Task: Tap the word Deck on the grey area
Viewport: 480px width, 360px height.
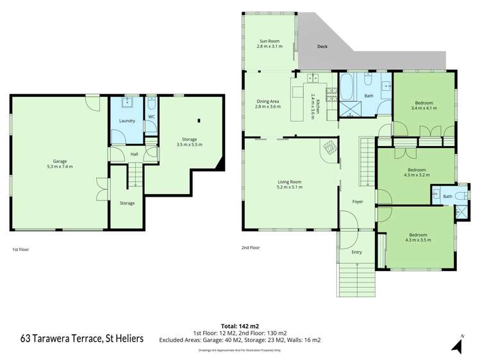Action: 324,47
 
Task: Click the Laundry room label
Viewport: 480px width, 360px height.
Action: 126,120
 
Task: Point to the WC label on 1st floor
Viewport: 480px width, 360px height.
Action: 151,117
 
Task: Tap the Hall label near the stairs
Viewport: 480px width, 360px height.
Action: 134,154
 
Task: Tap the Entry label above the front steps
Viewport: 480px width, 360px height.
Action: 357,252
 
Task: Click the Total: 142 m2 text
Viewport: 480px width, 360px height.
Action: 239,325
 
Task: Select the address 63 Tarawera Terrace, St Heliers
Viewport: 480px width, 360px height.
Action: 83,338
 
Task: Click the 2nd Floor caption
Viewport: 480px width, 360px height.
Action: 251,248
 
